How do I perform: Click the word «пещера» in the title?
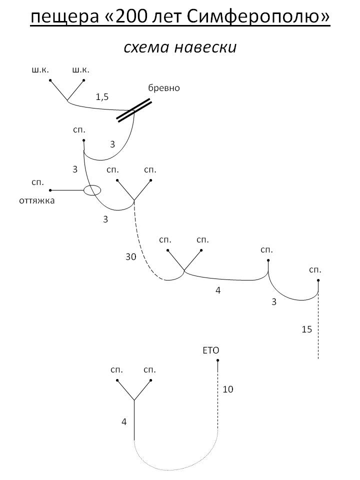point(64,17)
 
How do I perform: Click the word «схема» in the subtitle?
point(144,48)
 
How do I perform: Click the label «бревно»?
point(164,88)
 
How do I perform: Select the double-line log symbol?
point(134,110)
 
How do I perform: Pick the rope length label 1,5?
point(102,97)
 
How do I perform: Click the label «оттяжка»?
point(36,201)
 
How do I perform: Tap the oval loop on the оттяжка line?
point(92,185)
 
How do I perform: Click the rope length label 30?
point(130,256)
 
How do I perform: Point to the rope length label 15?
point(306,329)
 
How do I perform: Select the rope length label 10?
point(228,389)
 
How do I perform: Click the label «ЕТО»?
point(211,350)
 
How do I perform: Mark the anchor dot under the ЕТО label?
point(217,360)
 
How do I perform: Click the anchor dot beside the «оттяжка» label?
point(50,190)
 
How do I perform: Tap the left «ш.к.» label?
point(40,70)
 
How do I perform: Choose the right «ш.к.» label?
point(81,70)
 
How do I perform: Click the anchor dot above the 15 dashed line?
point(318,280)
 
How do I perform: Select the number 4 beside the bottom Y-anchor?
point(124,422)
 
